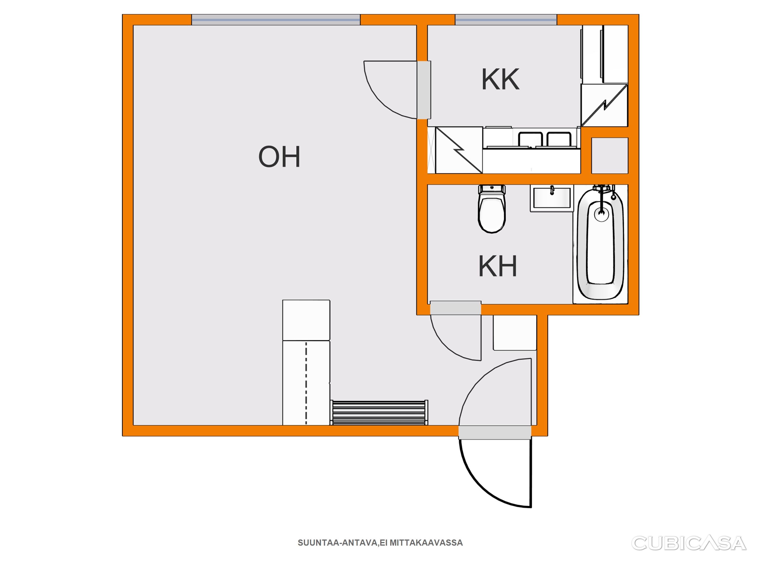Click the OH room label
tap(279, 157)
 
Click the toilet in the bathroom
tap(492, 209)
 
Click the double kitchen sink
tap(545, 139)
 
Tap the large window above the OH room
tap(276, 20)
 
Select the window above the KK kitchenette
tap(506, 20)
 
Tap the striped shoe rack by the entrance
tap(379, 412)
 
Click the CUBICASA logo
tap(689, 543)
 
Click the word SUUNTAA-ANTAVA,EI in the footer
tap(343, 543)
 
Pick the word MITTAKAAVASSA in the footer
tap(426, 543)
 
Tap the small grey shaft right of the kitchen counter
tap(610, 156)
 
